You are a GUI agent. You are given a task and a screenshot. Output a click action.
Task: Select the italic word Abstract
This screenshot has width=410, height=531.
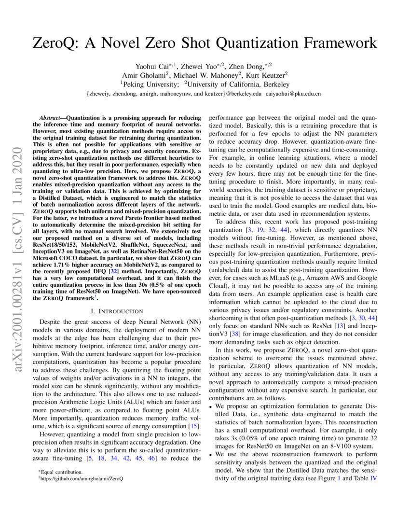tap(52, 118)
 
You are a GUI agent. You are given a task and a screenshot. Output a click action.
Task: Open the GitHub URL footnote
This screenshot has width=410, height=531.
tap(82, 478)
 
